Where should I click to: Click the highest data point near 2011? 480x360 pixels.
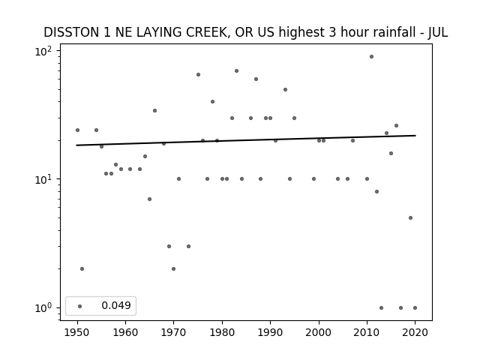[x=371, y=57]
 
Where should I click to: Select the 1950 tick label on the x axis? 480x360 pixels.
[x=77, y=332]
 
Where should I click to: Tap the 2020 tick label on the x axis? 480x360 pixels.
[x=415, y=332]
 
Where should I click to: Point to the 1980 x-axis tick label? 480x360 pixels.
[x=222, y=332]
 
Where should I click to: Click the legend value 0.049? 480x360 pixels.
[x=116, y=305]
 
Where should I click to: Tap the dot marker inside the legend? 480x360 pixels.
[x=79, y=306]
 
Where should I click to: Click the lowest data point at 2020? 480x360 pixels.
[x=415, y=307]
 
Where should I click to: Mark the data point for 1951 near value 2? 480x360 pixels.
[x=82, y=268]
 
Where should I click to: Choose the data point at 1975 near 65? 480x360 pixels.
[x=198, y=75]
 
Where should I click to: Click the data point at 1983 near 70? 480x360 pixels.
[x=236, y=71]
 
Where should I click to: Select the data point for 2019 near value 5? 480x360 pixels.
[x=410, y=218]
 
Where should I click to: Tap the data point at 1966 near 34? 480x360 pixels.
[x=154, y=110]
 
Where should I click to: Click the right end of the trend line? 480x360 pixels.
[x=415, y=135]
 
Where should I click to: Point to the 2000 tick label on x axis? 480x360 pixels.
[x=318, y=332]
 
